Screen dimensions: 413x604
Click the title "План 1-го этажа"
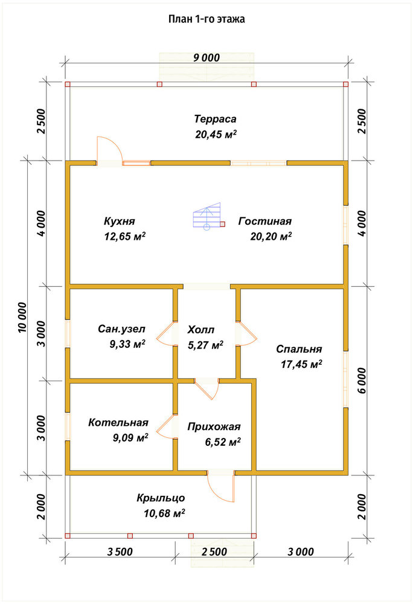coord(206,19)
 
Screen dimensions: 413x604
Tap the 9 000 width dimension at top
coord(206,58)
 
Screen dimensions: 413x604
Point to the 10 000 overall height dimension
coord(23,317)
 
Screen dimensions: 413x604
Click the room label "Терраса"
coord(215,118)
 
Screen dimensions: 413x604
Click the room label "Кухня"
coord(120,221)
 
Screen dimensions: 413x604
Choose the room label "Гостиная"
coord(265,221)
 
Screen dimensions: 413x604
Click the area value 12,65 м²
coord(125,236)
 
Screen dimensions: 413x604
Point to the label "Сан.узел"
coord(121,329)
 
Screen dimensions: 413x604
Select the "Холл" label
coord(201,330)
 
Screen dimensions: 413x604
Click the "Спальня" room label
coord(299,349)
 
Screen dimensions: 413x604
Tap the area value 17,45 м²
coord(301,364)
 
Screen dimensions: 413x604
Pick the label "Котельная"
coord(118,423)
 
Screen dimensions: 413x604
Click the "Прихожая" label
coord(214,427)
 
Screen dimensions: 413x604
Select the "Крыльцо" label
coord(161,498)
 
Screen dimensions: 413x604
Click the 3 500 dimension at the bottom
coord(120,552)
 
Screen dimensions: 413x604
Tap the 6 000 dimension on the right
coord(362,380)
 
